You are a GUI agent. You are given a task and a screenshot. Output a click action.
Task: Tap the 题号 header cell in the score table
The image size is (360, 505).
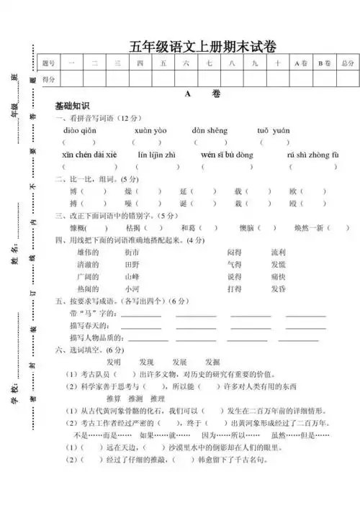click(x=48, y=64)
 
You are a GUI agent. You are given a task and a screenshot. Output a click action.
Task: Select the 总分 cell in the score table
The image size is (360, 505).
click(x=348, y=64)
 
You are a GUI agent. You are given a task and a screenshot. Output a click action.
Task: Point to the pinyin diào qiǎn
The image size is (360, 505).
click(x=80, y=130)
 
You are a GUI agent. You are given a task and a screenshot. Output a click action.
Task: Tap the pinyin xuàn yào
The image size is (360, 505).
click(x=150, y=130)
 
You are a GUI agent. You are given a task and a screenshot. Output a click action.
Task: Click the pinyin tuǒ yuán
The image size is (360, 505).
click(x=273, y=130)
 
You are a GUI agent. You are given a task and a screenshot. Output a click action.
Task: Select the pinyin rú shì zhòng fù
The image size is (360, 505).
click(x=312, y=155)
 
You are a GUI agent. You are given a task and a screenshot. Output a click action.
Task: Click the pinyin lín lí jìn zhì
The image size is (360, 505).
click(x=156, y=155)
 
